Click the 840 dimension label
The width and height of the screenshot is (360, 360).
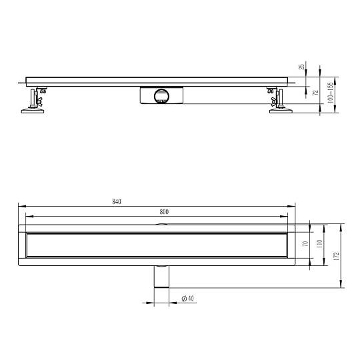click(x=117, y=201)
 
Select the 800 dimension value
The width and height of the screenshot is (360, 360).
click(x=164, y=212)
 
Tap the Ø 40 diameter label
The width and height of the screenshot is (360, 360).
click(x=187, y=299)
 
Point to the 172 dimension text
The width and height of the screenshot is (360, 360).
click(x=337, y=256)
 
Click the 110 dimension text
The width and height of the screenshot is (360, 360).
click(x=319, y=244)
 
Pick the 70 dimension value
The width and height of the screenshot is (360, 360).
click(x=305, y=243)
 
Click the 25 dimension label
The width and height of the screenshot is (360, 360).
click(x=301, y=67)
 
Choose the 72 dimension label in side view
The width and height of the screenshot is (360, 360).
click(x=316, y=93)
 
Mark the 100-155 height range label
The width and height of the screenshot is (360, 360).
click(x=330, y=93)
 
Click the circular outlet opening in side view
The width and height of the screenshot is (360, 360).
click(x=161, y=96)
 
